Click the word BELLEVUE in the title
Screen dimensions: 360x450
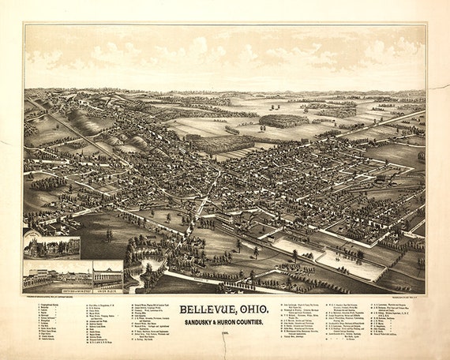208,310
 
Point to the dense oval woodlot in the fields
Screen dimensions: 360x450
280,121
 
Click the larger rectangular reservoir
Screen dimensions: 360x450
348,264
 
